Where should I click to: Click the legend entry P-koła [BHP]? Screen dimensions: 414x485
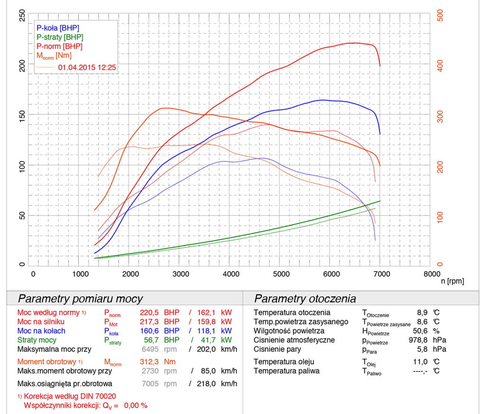click(58, 28)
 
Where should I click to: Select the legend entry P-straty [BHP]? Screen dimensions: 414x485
click(60, 37)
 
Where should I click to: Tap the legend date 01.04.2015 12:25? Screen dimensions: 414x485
click(87, 68)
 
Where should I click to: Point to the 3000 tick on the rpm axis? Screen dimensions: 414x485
click(181, 274)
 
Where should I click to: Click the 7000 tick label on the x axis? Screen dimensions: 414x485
click(382, 274)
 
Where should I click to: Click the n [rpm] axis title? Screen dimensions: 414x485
click(452, 281)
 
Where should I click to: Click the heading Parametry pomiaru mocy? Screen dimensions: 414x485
click(80, 299)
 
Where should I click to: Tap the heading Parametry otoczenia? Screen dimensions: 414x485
click(305, 299)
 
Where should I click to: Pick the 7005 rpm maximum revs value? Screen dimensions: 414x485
click(150, 383)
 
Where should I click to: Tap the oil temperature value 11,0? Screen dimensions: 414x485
click(420, 362)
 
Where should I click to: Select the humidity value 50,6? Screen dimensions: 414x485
click(420, 331)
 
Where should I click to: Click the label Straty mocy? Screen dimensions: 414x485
click(37, 340)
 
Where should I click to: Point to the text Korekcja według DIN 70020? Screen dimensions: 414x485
click(70, 396)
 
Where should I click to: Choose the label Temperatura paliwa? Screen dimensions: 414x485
click(286, 371)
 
